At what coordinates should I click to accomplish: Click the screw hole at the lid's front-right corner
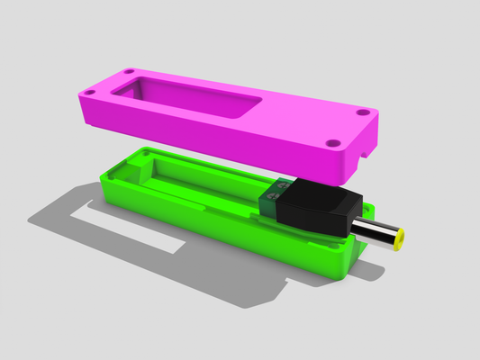[333, 142]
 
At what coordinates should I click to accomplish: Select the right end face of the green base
[347, 261]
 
